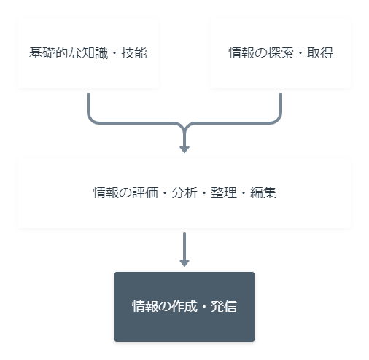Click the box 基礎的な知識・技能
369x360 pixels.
point(88,53)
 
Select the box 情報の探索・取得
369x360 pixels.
point(281,53)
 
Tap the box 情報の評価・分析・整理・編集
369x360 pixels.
point(184,193)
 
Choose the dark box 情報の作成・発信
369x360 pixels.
point(184,307)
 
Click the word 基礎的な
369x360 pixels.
point(55,53)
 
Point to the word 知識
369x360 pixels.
point(95,53)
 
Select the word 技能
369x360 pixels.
point(134,53)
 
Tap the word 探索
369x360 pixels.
point(281,53)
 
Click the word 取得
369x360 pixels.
point(320,53)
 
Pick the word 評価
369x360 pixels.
point(145,193)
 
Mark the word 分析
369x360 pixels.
point(184,193)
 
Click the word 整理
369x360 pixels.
point(224,193)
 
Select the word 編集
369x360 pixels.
point(263,193)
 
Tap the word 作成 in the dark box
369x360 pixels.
point(184,306)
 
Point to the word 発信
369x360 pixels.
point(224,306)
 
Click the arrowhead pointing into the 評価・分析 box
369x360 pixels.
point(184,149)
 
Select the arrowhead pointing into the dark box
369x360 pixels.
point(184,263)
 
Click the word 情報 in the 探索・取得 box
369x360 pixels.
point(241,53)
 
